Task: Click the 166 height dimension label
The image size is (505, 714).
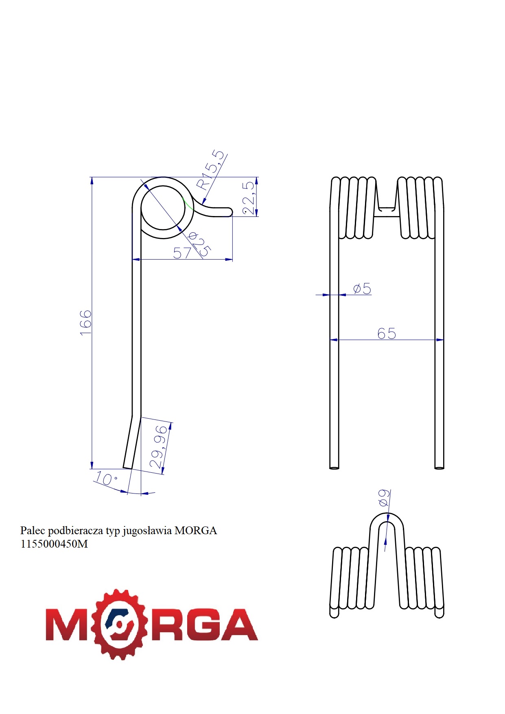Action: point(86,323)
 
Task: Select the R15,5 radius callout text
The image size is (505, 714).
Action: point(210,170)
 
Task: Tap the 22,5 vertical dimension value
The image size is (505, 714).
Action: point(248,198)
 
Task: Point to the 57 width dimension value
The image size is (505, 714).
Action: point(182,253)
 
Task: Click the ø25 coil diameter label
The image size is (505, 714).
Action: point(199,244)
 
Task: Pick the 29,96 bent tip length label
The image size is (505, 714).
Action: point(158,447)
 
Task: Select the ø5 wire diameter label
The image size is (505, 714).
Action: point(362,289)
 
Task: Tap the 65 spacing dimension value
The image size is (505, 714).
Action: point(387,334)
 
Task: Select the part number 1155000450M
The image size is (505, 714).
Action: point(54,544)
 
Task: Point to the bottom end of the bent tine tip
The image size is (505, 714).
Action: point(127,468)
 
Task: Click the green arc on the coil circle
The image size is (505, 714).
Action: point(188,203)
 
